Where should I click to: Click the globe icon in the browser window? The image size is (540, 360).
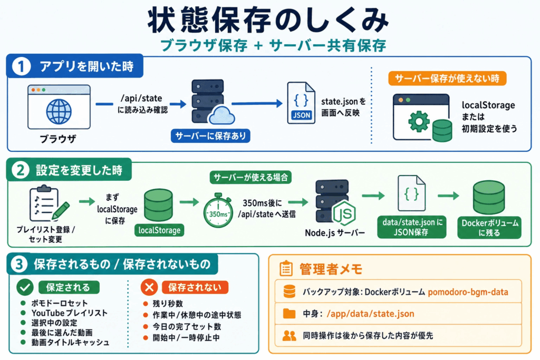click(59, 112)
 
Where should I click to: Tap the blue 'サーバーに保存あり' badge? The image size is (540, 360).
click(210, 136)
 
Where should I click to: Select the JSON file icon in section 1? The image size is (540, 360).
click(301, 103)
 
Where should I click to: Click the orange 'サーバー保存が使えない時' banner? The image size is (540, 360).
click(447, 79)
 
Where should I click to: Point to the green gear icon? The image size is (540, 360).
click(419, 121)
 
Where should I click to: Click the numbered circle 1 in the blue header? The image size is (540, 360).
click(21, 66)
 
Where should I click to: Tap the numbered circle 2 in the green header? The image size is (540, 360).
click(21, 170)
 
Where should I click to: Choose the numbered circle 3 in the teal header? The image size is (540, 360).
click(19, 264)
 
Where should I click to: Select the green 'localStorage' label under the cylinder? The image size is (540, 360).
click(159, 230)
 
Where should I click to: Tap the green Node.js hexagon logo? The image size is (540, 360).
click(344, 213)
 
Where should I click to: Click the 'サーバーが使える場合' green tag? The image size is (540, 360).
click(250, 177)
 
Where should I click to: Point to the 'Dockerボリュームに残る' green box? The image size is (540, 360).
click(489, 228)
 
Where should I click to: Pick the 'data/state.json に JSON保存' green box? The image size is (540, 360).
click(412, 227)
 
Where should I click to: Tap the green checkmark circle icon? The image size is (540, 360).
click(25, 287)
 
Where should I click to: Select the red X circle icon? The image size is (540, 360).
click(149, 287)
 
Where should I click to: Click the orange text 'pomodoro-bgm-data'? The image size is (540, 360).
click(468, 292)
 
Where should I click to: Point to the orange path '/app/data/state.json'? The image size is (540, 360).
click(370, 314)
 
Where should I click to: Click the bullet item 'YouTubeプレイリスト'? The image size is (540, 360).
click(69, 313)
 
